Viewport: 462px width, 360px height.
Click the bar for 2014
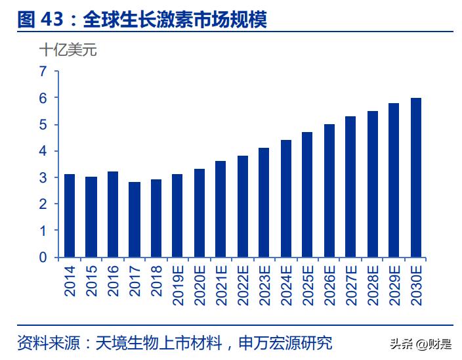coord(70,215)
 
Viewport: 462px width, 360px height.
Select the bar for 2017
coord(135,219)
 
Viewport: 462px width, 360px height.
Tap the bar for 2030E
coord(416,177)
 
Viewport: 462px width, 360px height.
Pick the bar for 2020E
coord(199,213)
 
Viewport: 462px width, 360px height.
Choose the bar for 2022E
coord(243,206)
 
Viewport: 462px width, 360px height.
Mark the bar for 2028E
coord(373,184)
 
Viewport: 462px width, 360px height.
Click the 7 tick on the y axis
coord(43,71)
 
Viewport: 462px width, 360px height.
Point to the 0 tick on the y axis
coord(43,258)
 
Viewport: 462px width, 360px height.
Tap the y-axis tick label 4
coord(43,151)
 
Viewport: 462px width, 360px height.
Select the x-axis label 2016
coord(114,281)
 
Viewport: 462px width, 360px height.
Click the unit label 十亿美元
coord(68,50)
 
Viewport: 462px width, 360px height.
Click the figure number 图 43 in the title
coord(40,20)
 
